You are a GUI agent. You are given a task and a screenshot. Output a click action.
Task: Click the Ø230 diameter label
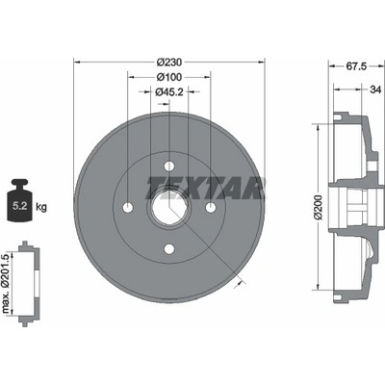click(x=169, y=62)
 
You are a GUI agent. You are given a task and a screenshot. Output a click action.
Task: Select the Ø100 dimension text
click(x=169, y=77)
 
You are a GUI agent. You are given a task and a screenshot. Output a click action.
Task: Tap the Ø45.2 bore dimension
click(x=169, y=92)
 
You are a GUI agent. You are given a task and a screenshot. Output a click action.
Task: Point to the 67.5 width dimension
click(x=356, y=66)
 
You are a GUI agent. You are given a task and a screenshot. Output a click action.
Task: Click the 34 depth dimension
click(x=375, y=90)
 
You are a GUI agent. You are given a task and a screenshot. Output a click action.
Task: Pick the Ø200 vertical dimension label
click(x=319, y=207)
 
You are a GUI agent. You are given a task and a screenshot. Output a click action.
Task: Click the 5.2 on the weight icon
click(x=19, y=206)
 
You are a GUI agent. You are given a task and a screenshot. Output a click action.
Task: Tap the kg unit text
click(x=41, y=207)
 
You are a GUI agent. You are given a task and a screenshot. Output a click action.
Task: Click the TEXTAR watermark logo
click(x=206, y=189)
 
